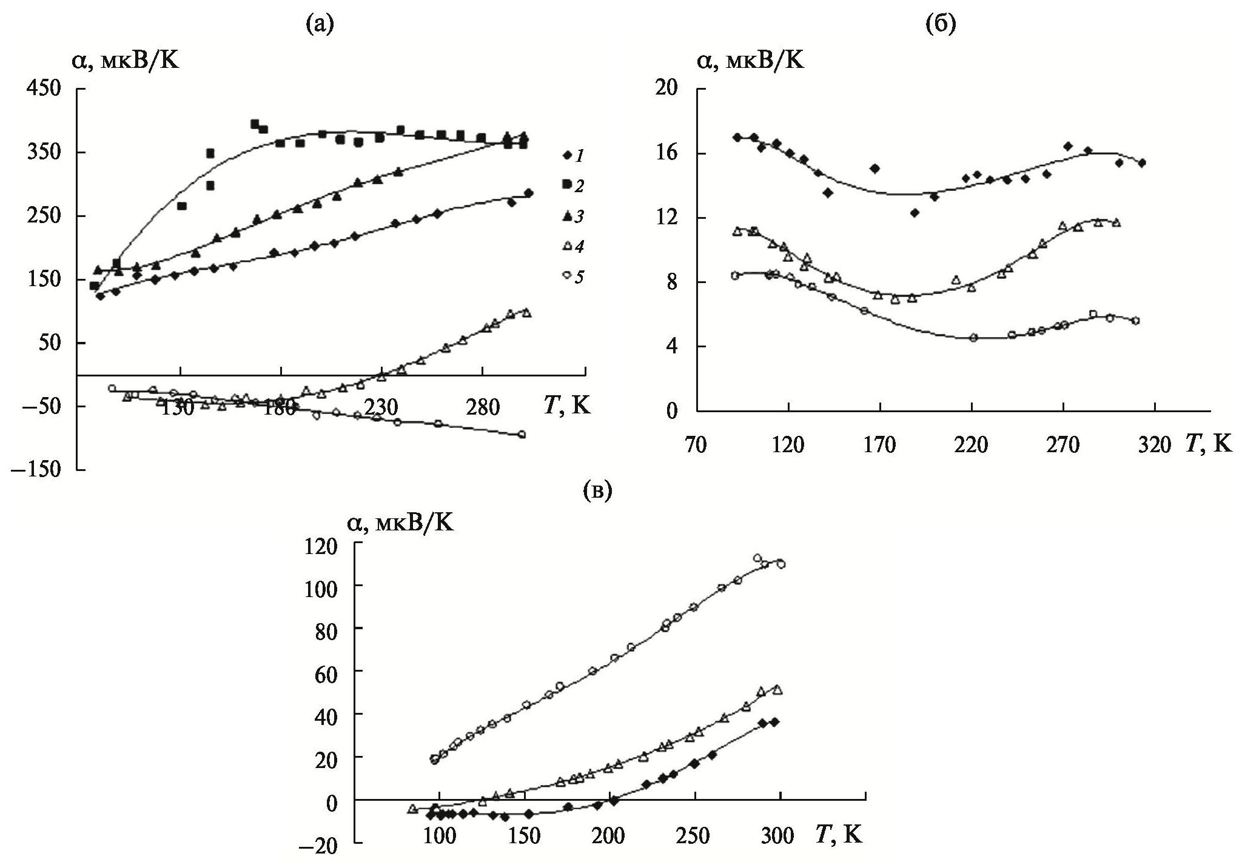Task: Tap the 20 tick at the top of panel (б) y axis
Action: [x=670, y=89]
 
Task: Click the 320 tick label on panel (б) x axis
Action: [x=1154, y=446]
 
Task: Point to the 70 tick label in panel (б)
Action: [x=696, y=446]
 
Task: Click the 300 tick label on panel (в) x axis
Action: [x=777, y=837]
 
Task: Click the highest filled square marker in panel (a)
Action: [x=255, y=124]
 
